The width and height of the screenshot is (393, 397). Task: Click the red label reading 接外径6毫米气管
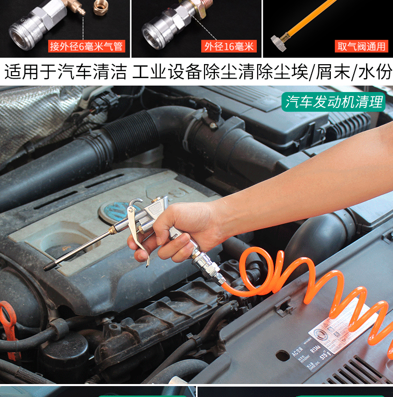click(86, 47)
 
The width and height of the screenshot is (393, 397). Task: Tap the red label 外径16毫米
click(229, 47)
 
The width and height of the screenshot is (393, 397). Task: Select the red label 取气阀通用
click(361, 47)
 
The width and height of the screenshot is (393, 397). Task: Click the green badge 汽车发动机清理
click(334, 101)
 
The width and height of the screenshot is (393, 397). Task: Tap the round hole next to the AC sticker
click(283, 357)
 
